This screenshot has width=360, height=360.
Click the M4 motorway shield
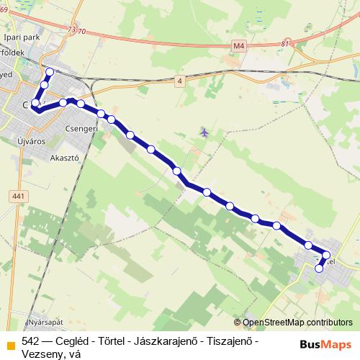[239, 47]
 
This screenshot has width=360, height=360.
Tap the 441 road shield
[19, 196]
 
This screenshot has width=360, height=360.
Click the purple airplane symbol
[204, 132]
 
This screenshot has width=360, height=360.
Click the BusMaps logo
[325, 344]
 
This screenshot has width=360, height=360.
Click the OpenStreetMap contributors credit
[297, 323]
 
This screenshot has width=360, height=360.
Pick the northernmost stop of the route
[50, 72]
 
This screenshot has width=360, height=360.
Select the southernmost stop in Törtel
[319, 269]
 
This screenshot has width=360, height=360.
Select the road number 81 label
[286, 44]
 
